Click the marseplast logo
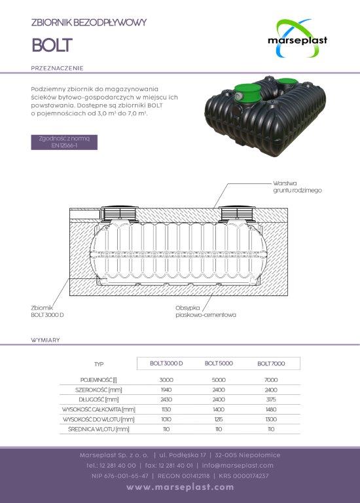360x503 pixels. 297,39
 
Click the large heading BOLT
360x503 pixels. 52,45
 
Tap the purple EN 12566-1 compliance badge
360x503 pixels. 64,142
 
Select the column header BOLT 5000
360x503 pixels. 219,363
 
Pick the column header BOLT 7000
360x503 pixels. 271,363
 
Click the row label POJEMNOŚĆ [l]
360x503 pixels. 98,380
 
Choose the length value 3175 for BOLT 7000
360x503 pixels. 271,400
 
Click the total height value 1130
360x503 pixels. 166,409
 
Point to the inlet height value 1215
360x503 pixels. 219,419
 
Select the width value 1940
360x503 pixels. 166,390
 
